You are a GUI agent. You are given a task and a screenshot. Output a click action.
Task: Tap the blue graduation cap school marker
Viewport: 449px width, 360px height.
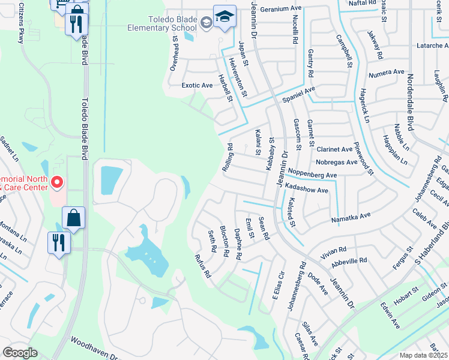point(224,18)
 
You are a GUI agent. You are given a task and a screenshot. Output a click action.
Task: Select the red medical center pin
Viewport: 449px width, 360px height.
point(56,182)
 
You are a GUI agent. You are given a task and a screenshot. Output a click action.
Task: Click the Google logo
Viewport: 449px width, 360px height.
point(20,353)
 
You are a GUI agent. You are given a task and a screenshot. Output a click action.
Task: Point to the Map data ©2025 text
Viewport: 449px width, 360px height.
point(424,355)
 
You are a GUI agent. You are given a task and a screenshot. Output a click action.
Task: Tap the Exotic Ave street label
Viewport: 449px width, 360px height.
point(197,85)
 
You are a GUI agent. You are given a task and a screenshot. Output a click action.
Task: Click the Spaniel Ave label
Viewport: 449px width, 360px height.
point(298,93)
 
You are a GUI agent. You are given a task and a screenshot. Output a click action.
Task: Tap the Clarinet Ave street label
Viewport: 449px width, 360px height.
point(334,149)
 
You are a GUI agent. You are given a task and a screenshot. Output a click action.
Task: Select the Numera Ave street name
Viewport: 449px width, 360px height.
point(387,73)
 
